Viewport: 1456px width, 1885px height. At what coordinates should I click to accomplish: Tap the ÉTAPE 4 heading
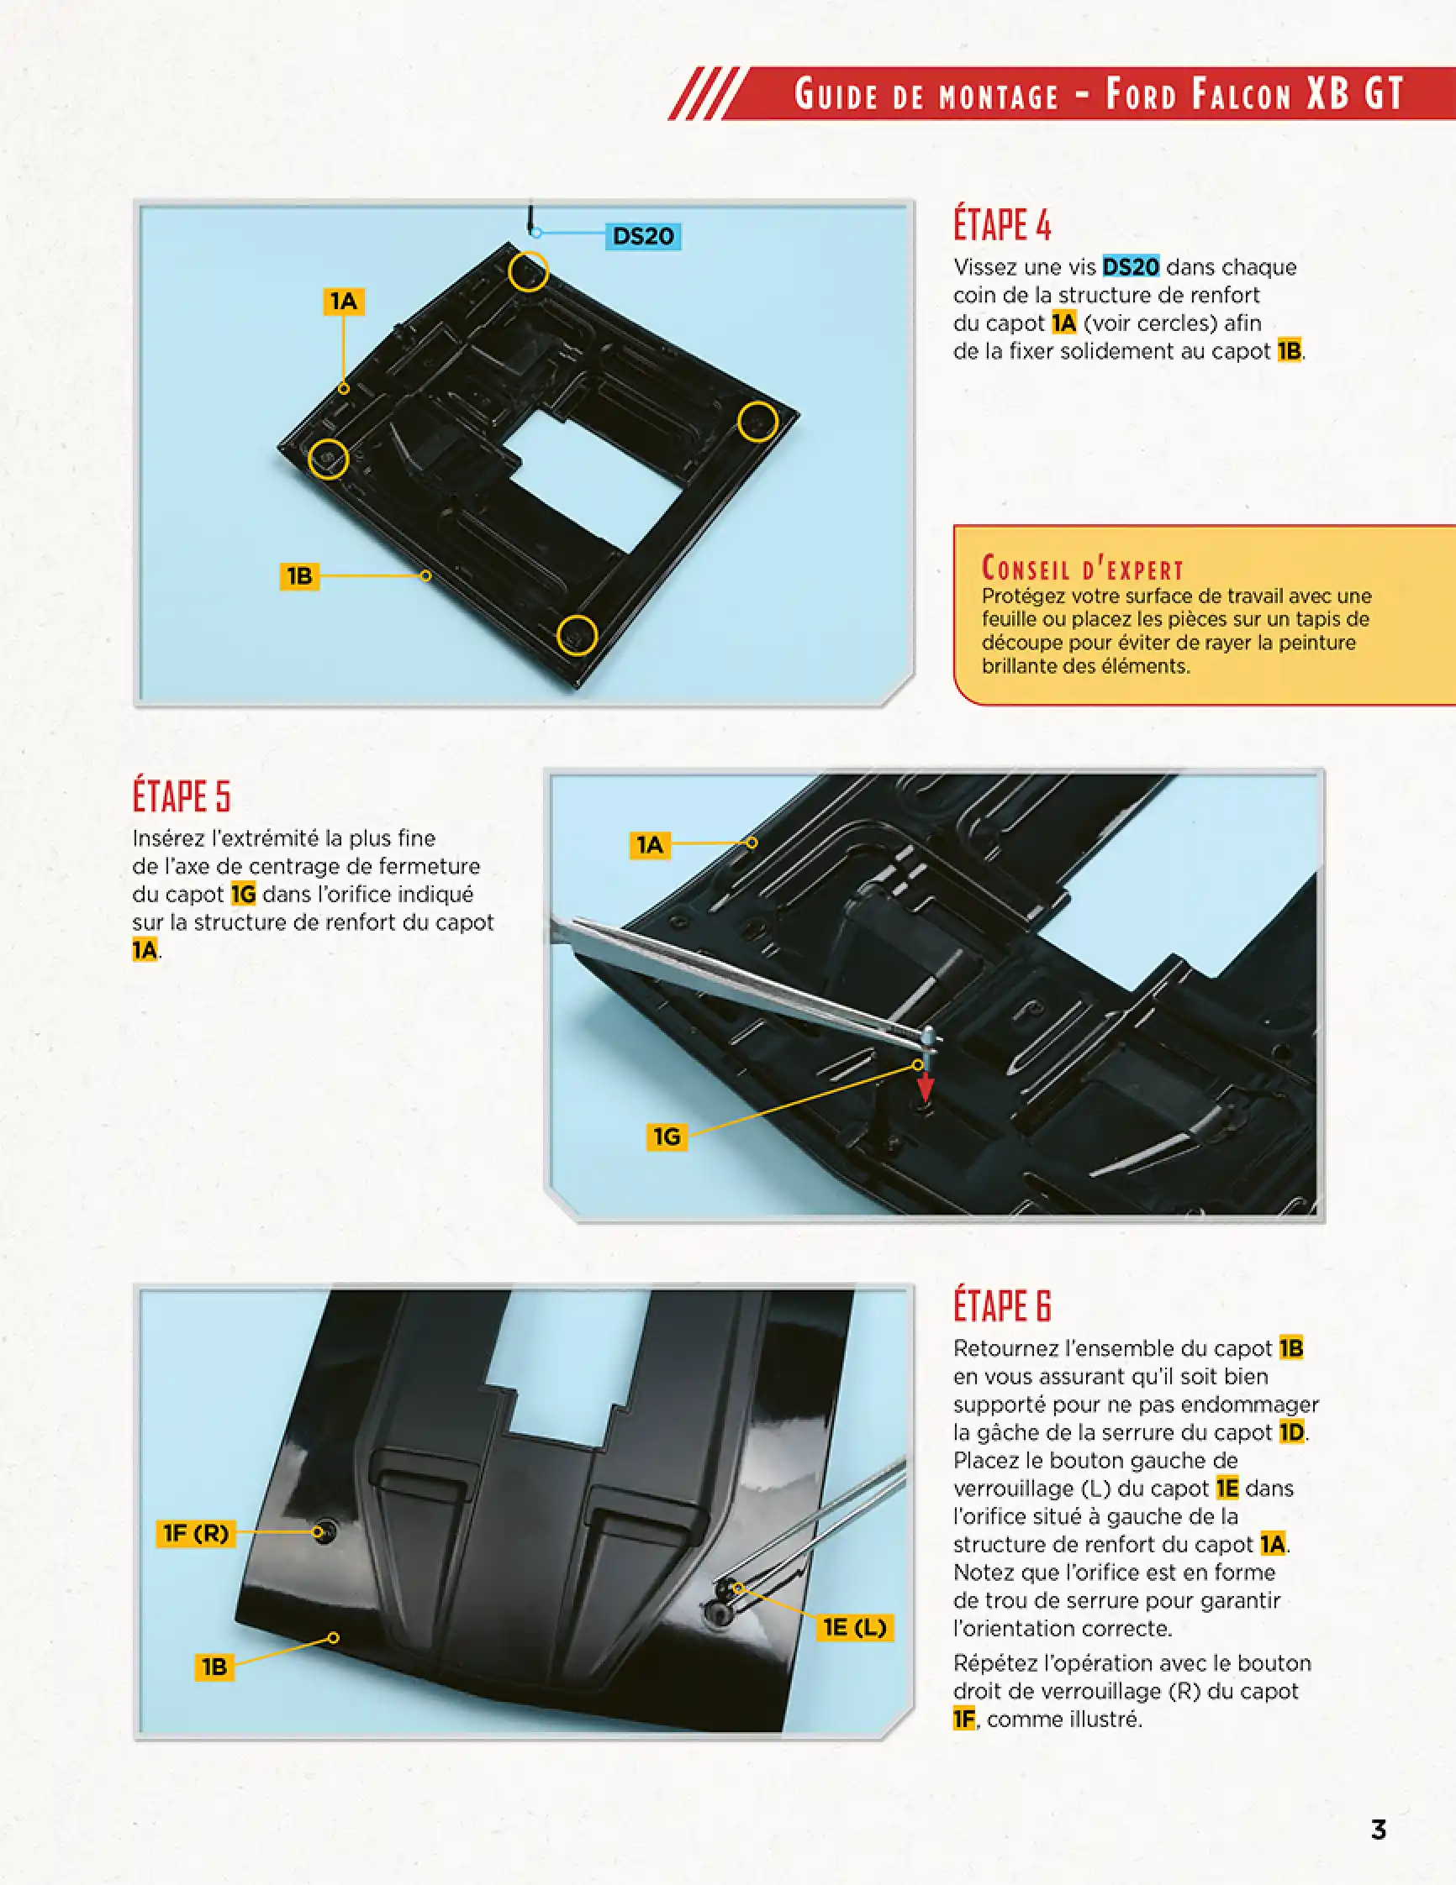pyautogui.click(x=1002, y=224)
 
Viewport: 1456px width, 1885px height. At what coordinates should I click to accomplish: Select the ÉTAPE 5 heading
pyautogui.click(x=182, y=795)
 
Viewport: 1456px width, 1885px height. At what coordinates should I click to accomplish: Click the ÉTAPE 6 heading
pyautogui.click(x=1002, y=1305)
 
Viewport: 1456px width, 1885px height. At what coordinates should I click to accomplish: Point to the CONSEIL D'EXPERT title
pyautogui.click(x=1082, y=568)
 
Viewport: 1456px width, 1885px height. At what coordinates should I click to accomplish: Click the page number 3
pyautogui.click(x=1379, y=1829)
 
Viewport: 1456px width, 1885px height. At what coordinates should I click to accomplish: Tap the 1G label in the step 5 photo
pyautogui.click(x=667, y=1136)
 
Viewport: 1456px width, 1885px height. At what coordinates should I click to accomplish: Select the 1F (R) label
pyautogui.click(x=196, y=1533)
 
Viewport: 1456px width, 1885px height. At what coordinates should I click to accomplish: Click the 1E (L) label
pyautogui.click(x=854, y=1627)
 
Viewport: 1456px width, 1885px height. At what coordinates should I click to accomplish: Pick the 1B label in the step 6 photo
pyautogui.click(x=214, y=1667)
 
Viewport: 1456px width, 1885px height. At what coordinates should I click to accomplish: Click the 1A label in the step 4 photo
pyautogui.click(x=343, y=301)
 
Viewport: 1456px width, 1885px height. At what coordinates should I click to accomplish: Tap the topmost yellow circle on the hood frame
pyautogui.click(x=527, y=271)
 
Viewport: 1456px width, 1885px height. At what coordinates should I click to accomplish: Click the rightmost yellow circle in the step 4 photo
pyautogui.click(x=757, y=422)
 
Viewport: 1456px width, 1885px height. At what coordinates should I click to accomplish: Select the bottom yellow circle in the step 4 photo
pyautogui.click(x=576, y=636)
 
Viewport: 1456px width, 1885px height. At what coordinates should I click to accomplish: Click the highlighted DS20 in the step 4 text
pyautogui.click(x=1131, y=266)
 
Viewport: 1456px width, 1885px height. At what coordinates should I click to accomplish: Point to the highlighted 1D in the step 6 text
pyautogui.click(x=1291, y=1432)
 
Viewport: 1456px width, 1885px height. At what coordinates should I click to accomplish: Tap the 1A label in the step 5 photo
pyautogui.click(x=650, y=844)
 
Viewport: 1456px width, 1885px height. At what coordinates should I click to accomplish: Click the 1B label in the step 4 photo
pyautogui.click(x=299, y=575)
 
